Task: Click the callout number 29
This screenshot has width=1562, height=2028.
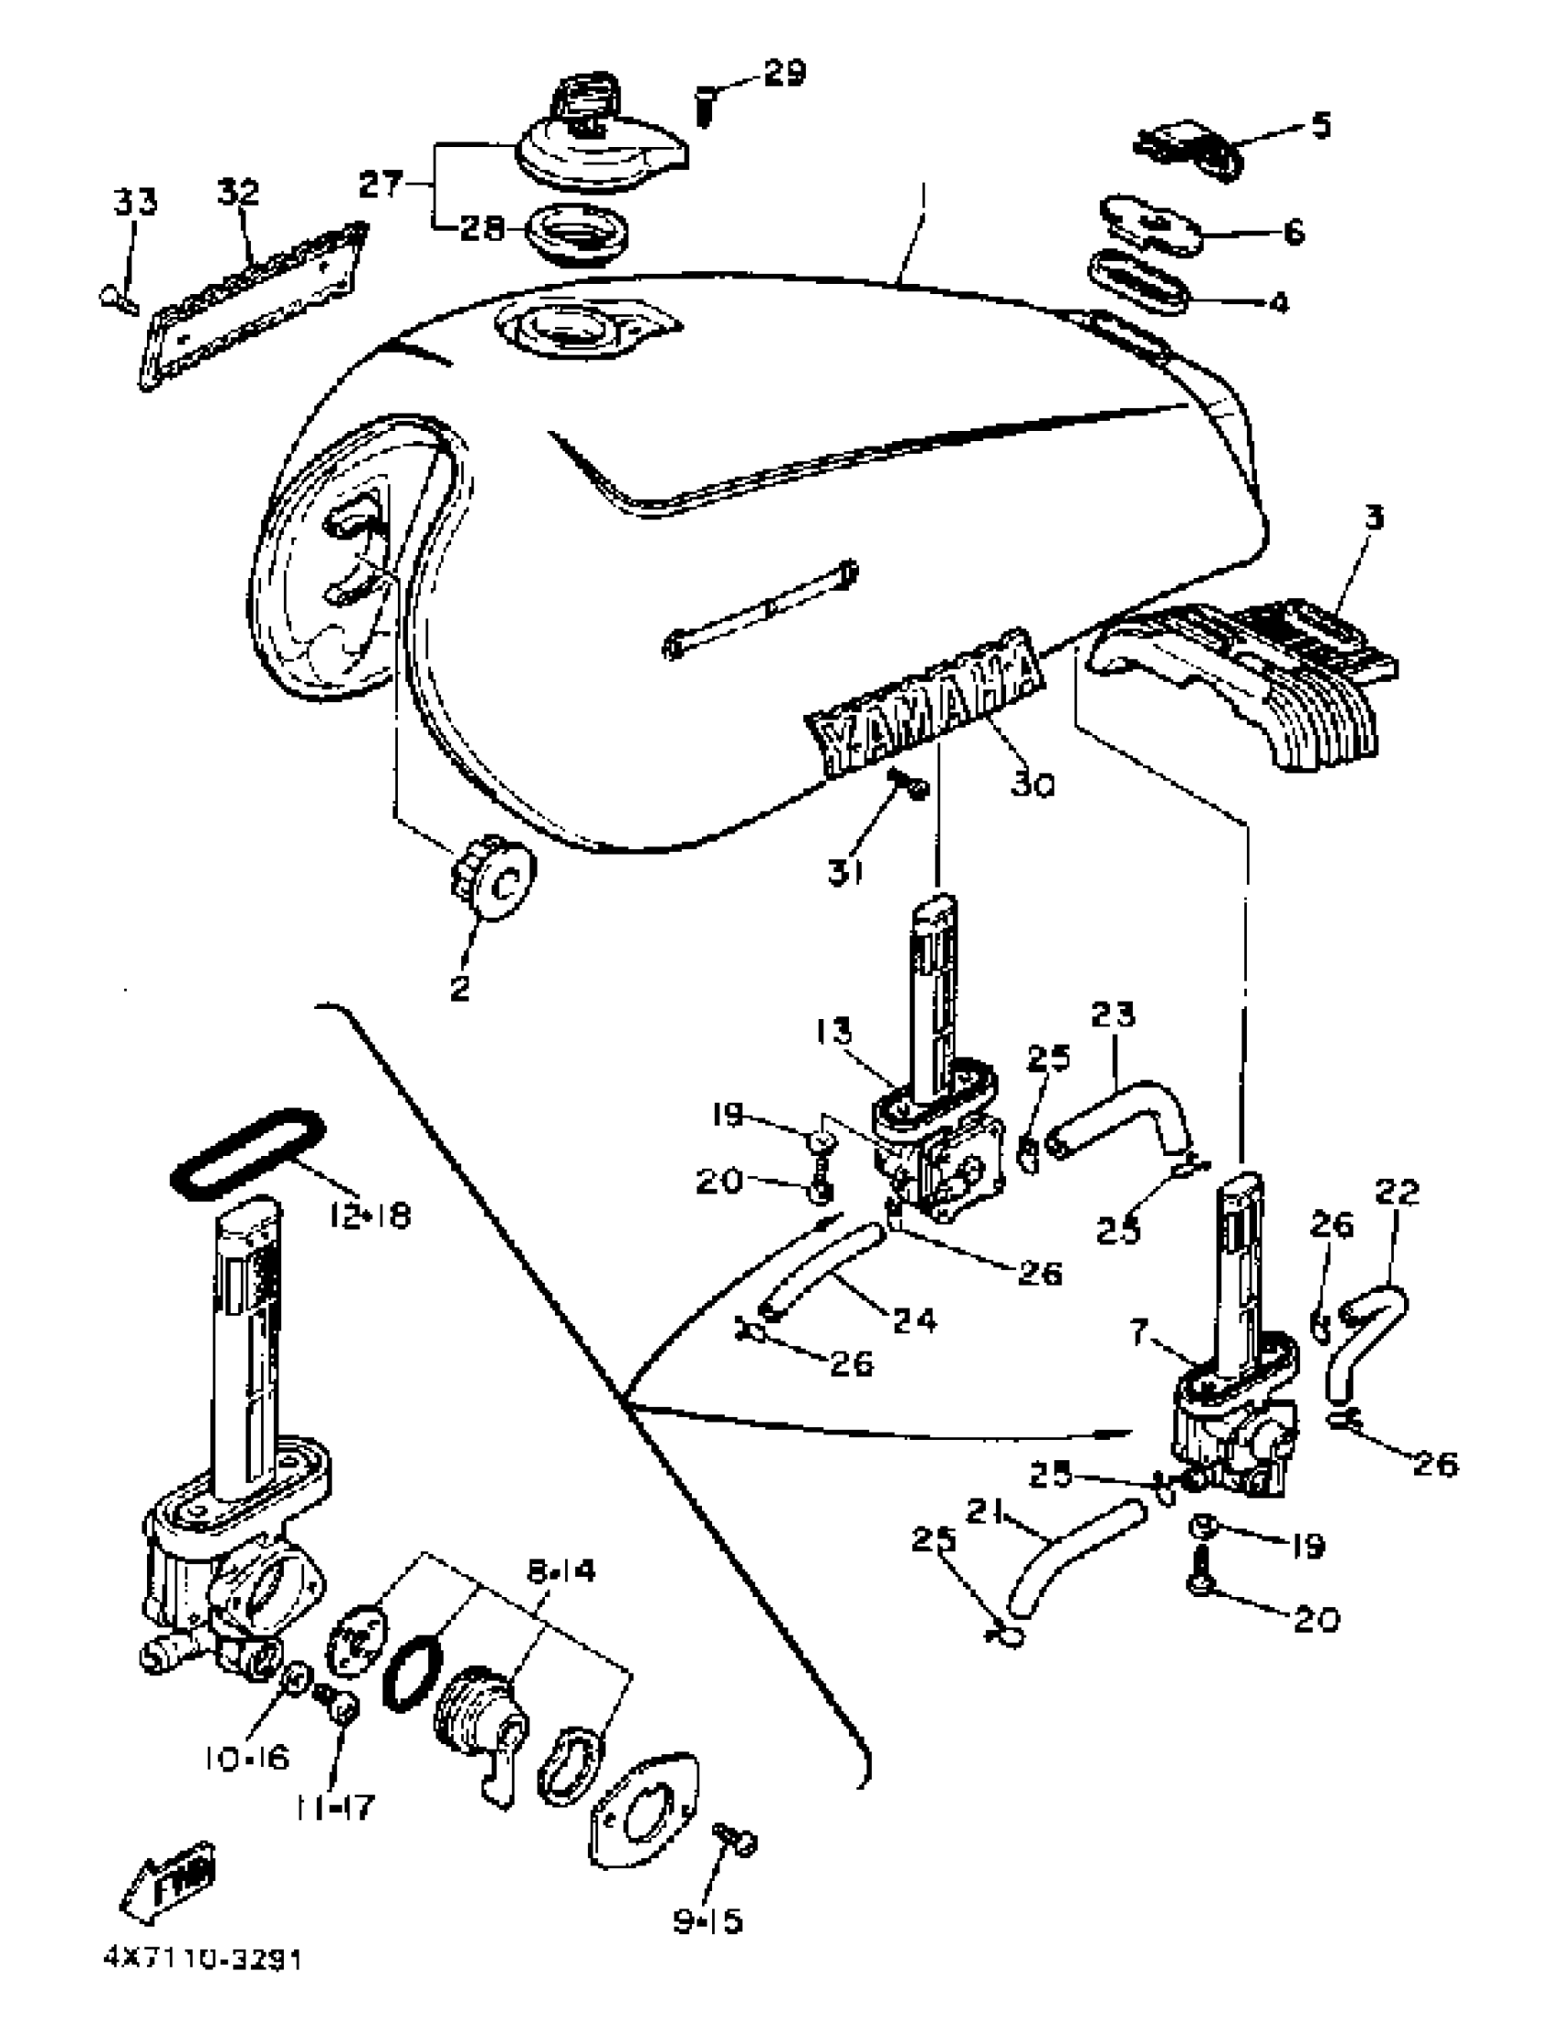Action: coord(785,73)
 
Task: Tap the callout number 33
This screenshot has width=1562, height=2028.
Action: coord(136,201)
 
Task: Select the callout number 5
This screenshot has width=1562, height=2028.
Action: coord(1319,125)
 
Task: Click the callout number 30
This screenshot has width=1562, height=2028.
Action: coord(1033,786)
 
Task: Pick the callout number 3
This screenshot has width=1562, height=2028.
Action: coord(1374,518)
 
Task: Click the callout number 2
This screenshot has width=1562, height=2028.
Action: coord(460,988)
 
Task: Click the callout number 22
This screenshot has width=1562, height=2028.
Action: coord(1398,1193)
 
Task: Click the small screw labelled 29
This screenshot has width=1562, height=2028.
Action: coord(705,104)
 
